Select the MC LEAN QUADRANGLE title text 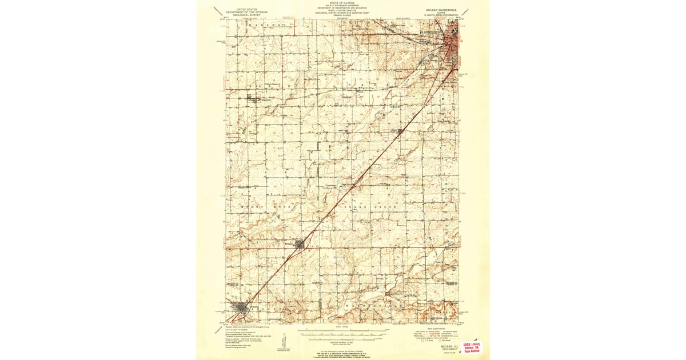click(x=441, y=10)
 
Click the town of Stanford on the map click(x=254, y=98)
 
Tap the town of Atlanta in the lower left click(x=242, y=312)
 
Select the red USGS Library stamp click(x=472, y=347)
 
